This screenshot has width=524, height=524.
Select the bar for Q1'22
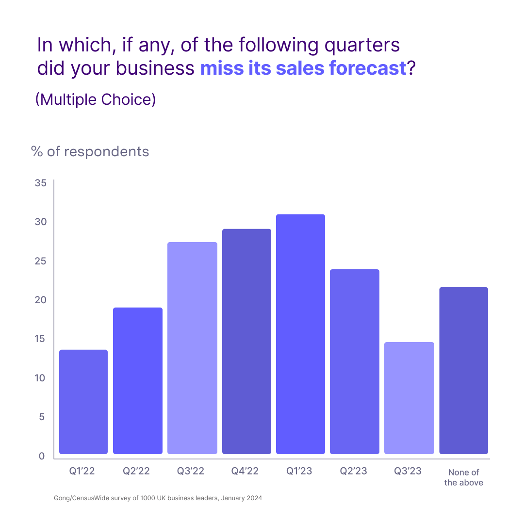(x=83, y=402)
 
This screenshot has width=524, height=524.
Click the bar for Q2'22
(x=138, y=381)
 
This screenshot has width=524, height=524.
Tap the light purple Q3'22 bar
(x=192, y=348)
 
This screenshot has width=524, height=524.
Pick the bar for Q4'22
(x=246, y=341)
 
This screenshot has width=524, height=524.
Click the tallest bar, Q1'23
(x=300, y=334)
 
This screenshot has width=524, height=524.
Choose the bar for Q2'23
(x=355, y=361)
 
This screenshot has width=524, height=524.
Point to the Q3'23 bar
(x=409, y=398)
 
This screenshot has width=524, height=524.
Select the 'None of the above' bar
(x=463, y=371)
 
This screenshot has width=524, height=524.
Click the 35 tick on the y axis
(x=40, y=183)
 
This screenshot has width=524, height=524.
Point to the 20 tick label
(x=40, y=300)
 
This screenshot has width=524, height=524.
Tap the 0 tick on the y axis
(x=42, y=456)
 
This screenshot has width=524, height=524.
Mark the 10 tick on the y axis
(x=40, y=378)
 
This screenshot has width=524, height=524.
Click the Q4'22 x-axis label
(x=245, y=471)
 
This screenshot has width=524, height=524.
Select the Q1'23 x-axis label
(x=299, y=471)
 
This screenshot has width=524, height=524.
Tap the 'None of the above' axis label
(x=463, y=477)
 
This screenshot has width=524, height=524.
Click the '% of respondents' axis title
(x=90, y=152)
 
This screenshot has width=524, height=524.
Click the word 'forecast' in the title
(x=368, y=68)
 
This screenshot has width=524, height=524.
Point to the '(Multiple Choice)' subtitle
(x=96, y=99)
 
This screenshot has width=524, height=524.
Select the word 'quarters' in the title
(x=362, y=46)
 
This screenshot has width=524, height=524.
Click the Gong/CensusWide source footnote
(x=158, y=498)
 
